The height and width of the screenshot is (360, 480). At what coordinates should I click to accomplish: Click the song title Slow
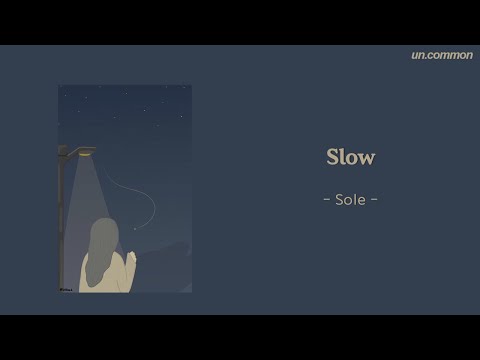tap(350, 158)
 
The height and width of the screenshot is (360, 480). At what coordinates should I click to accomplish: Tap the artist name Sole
tap(350, 199)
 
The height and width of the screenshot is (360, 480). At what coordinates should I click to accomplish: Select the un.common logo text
tap(441, 55)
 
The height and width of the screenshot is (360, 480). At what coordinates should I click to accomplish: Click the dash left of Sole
tap(327, 200)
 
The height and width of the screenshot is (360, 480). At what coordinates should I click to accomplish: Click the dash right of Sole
tap(374, 200)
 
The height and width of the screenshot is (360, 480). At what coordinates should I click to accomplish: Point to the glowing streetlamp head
tap(84, 152)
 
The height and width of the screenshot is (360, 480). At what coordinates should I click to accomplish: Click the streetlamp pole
tap(63, 220)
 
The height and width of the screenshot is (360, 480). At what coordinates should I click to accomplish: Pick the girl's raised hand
tap(130, 258)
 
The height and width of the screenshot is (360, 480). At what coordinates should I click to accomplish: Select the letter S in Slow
tap(333, 158)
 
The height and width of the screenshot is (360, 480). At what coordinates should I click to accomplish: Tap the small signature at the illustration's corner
tap(65, 288)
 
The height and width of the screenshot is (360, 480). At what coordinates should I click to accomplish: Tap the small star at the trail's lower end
tap(136, 228)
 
